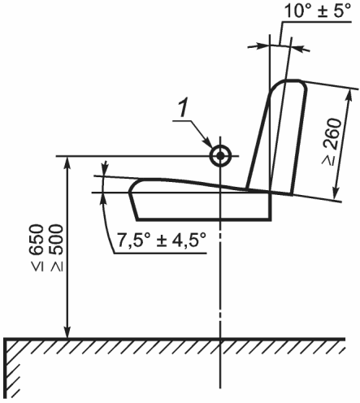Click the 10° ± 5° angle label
point(318,11)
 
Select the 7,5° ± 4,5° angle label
point(162,240)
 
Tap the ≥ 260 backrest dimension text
point(332,141)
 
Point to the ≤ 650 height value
point(37,247)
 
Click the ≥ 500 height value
point(56,247)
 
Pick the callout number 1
point(184,109)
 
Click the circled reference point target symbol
point(220,156)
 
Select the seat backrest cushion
point(276,136)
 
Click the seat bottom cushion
point(201,200)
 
